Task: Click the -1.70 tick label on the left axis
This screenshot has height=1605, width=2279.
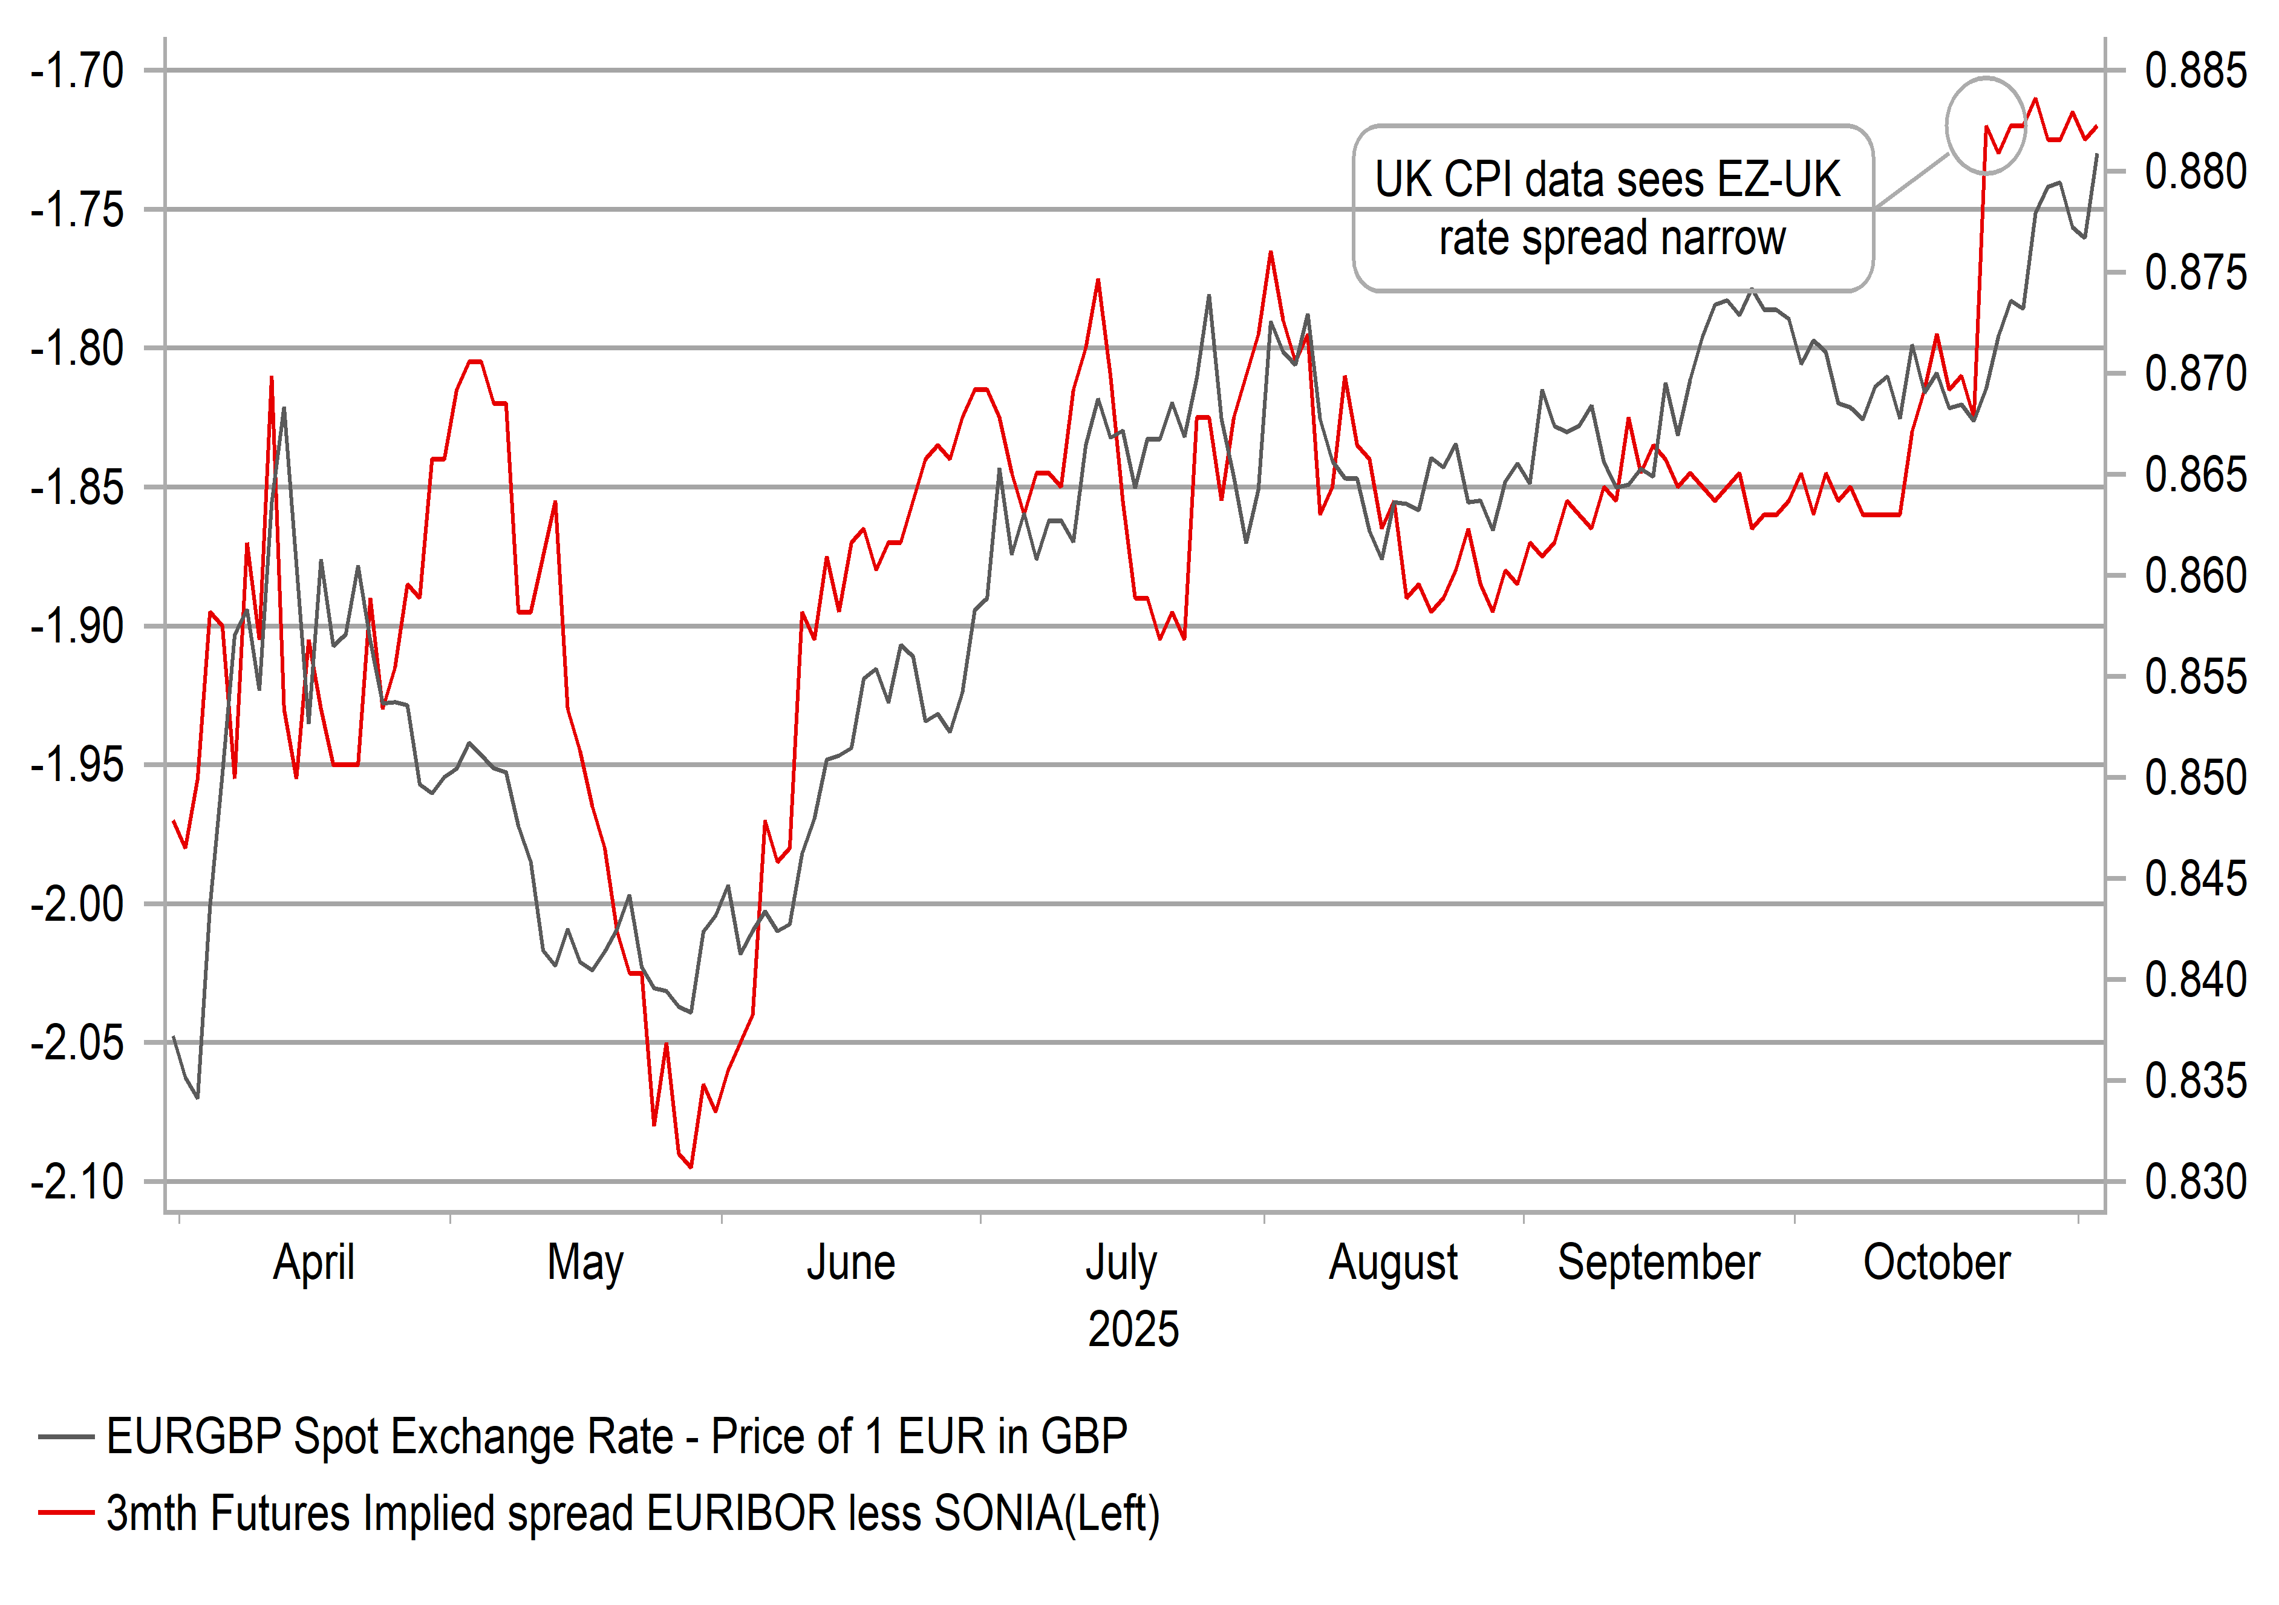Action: [x=77, y=71]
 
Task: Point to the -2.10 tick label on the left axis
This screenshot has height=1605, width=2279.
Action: [x=77, y=1182]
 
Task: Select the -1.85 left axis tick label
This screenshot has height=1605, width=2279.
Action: [x=77, y=488]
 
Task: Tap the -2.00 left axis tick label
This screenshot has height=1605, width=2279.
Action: [x=77, y=904]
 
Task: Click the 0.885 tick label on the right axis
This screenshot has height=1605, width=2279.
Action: [x=2195, y=71]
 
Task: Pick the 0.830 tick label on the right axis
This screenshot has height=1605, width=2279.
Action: [x=2195, y=1182]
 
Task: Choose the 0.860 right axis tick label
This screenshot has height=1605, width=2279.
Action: [x=2195, y=576]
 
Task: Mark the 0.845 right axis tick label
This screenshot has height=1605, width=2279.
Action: [x=2195, y=880]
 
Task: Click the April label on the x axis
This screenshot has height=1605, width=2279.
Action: [x=314, y=1263]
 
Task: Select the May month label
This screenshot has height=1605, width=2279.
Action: [x=585, y=1263]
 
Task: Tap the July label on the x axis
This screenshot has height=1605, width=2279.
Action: [x=1121, y=1263]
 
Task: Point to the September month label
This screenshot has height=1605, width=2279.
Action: [x=1658, y=1263]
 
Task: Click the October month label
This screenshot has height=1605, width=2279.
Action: [x=1937, y=1263]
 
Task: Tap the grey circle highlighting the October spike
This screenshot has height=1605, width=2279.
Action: [x=1985, y=126]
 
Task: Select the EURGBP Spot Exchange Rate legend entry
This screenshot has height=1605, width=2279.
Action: [x=615, y=1436]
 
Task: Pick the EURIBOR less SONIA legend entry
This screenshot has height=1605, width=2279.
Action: [x=632, y=1514]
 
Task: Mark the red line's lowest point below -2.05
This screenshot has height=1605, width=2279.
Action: [x=691, y=1166]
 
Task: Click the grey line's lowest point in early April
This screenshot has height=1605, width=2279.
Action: [x=198, y=1097]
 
